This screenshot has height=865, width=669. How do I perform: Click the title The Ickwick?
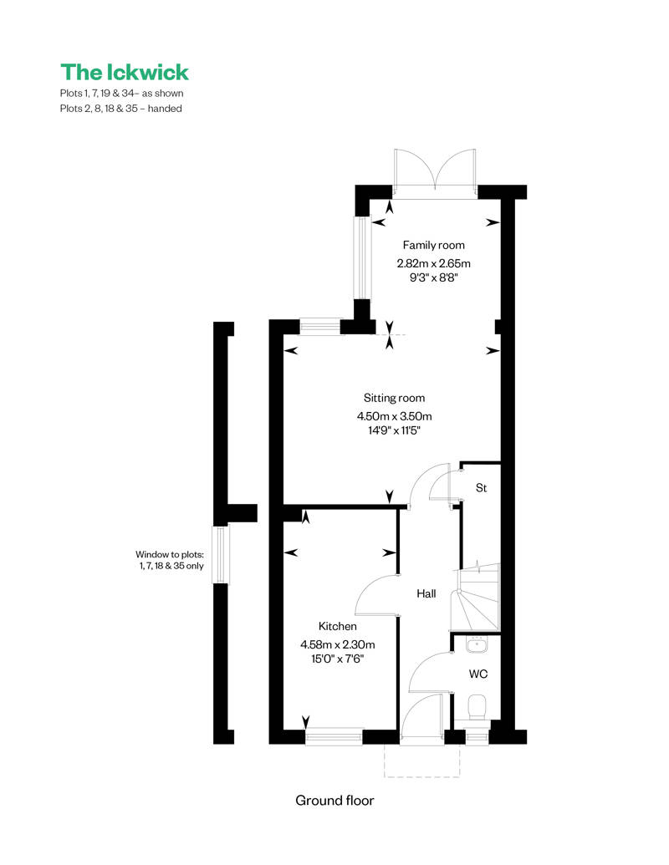pyautogui.click(x=125, y=72)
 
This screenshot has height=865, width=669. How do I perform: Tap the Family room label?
pyautogui.click(x=433, y=245)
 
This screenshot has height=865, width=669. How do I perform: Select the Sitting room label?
pyautogui.click(x=394, y=398)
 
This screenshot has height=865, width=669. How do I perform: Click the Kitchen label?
pyautogui.click(x=337, y=626)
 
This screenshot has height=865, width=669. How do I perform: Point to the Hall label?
pyautogui.click(x=426, y=593)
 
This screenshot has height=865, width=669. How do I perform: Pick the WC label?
pyautogui.click(x=478, y=674)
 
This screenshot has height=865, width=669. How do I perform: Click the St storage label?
pyautogui.click(x=482, y=488)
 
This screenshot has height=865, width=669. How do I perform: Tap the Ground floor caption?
pyautogui.click(x=334, y=801)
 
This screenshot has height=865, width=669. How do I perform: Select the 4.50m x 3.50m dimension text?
pyautogui.click(x=394, y=416)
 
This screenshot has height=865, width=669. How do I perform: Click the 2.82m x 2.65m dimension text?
pyautogui.click(x=433, y=263)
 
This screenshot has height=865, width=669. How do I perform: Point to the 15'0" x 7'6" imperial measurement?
pyautogui.click(x=337, y=658)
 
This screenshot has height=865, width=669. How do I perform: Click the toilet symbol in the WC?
pyautogui.click(x=477, y=707)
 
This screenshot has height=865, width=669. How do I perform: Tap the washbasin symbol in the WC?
pyautogui.click(x=477, y=644)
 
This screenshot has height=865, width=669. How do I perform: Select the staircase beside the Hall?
pyautogui.click(x=475, y=597)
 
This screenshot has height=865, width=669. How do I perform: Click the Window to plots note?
pyautogui.click(x=170, y=560)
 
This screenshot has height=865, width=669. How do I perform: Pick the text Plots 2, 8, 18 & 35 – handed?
pyautogui.click(x=121, y=109)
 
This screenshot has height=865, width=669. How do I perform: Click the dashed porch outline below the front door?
pyautogui.click(x=422, y=761)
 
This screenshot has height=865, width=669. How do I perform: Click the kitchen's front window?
pyautogui.click(x=334, y=737)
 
